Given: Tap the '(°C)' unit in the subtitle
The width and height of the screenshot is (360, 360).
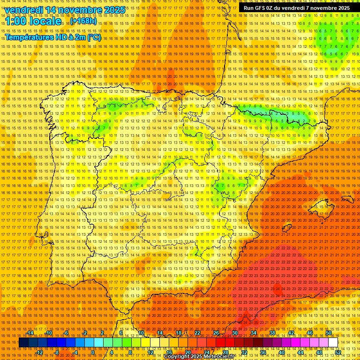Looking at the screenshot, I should click(x=93, y=37).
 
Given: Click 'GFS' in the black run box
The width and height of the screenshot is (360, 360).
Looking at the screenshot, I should click(x=262, y=8).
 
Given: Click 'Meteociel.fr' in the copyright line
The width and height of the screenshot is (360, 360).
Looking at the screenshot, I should click(x=219, y=357).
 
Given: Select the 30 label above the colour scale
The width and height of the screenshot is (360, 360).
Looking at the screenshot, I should click(x=234, y=333).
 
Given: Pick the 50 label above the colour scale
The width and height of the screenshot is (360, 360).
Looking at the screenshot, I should click(x=329, y=333).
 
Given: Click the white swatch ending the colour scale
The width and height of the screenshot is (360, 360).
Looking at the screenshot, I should click(x=333, y=343).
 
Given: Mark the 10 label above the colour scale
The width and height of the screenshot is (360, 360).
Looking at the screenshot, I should click(x=140, y=333).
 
